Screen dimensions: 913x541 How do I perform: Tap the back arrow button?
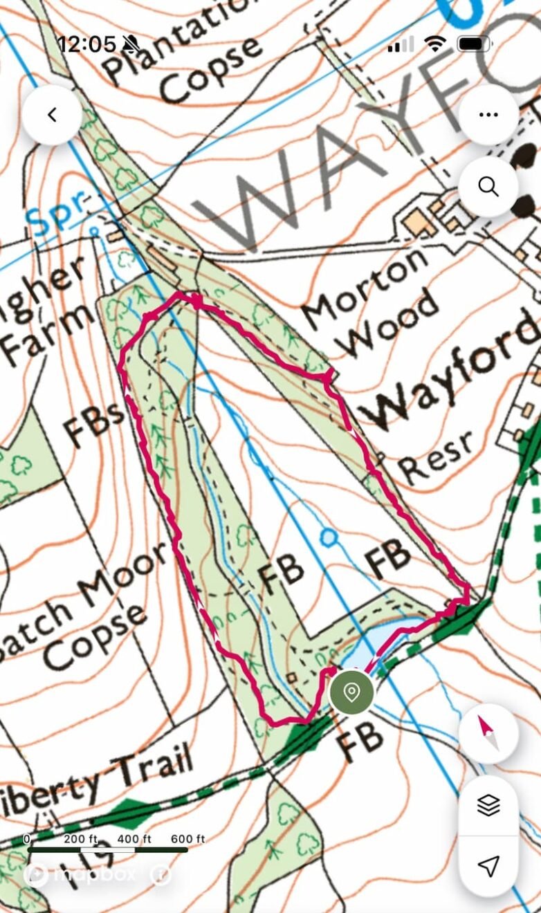[52, 115]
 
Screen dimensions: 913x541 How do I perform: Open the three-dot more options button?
[488, 115]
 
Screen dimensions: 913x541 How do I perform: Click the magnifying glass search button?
[488, 186]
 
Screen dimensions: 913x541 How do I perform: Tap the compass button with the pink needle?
[488, 733]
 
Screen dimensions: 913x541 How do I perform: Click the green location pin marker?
[351, 692]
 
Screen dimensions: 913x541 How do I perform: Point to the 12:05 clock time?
[86, 44]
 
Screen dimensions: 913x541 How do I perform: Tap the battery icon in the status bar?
[474, 44]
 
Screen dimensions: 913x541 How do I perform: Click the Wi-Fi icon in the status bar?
[435, 44]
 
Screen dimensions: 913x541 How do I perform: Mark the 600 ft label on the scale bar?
[187, 839]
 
